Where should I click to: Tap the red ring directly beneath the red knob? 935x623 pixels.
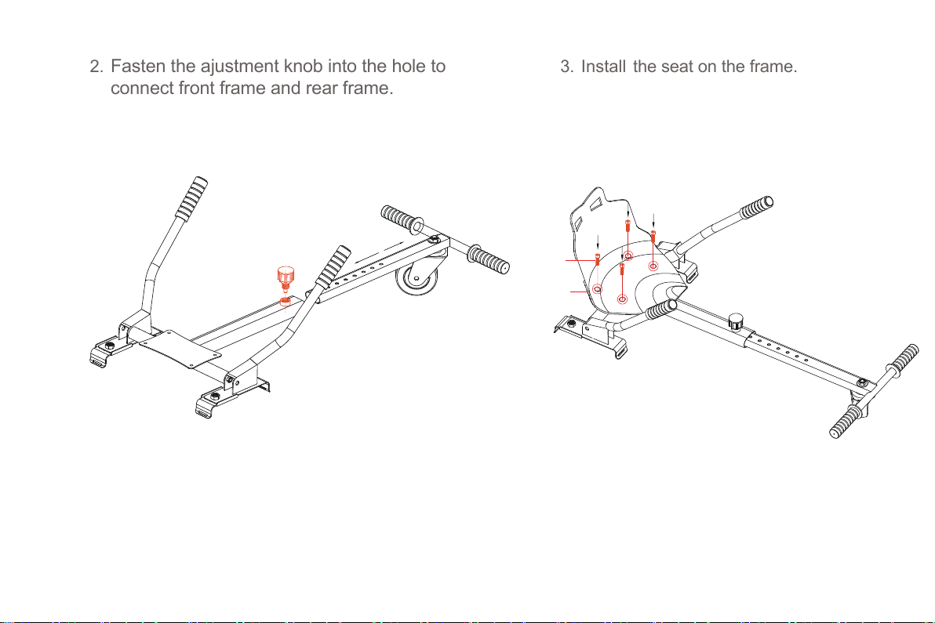click(286, 302)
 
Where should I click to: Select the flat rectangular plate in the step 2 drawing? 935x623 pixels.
click(180, 349)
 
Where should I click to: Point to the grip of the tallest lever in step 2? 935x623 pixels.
click(191, 198)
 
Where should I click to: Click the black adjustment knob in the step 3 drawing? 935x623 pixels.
click(737, 321)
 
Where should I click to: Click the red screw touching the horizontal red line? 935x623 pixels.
click(597, 259)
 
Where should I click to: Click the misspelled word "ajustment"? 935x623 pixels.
click(240, 67)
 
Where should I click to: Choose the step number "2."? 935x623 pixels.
click(96, 66)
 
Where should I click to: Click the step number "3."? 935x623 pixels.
click(566, 66)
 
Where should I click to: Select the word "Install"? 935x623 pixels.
click(603, 66)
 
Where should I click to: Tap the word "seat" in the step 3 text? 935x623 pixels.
click(677, 67)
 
